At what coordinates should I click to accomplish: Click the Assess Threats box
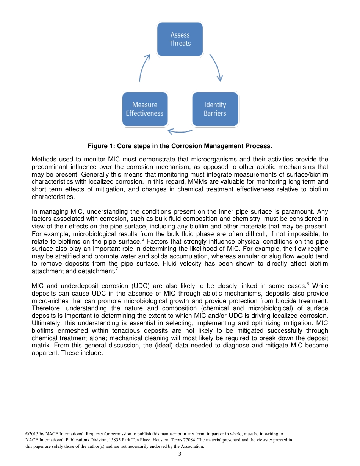pos(180,39)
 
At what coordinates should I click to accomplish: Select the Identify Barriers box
pos(215,109)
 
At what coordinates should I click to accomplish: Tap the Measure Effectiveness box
pos(144,109)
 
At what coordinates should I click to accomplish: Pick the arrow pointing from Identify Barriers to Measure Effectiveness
pos(180,131)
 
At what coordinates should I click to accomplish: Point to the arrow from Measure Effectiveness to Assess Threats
pos(144,67)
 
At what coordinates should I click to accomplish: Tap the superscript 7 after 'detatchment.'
pos(116,269)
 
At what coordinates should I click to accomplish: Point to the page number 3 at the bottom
pos(180,454)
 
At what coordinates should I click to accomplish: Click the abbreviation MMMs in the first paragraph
pos(194,181)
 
